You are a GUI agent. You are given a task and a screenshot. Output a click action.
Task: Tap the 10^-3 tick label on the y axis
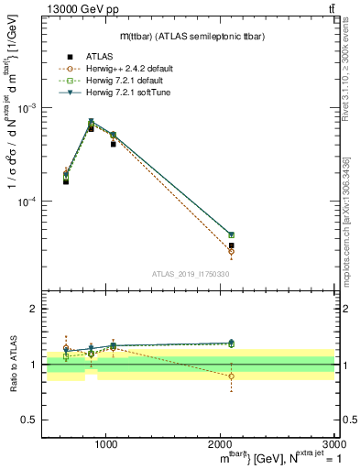click(x=25, y=108)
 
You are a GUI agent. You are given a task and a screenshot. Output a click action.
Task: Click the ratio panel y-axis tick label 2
click(x=31, y=310)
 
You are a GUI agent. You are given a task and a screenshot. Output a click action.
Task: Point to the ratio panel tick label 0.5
click(x=27, y=420)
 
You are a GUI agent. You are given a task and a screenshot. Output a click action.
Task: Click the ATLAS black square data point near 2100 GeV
click(x=231, y=245)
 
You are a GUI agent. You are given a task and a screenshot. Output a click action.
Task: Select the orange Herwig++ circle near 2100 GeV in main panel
click(x=231, y=252)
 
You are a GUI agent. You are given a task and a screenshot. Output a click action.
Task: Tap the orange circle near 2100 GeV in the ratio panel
click(x=231, y=376)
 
